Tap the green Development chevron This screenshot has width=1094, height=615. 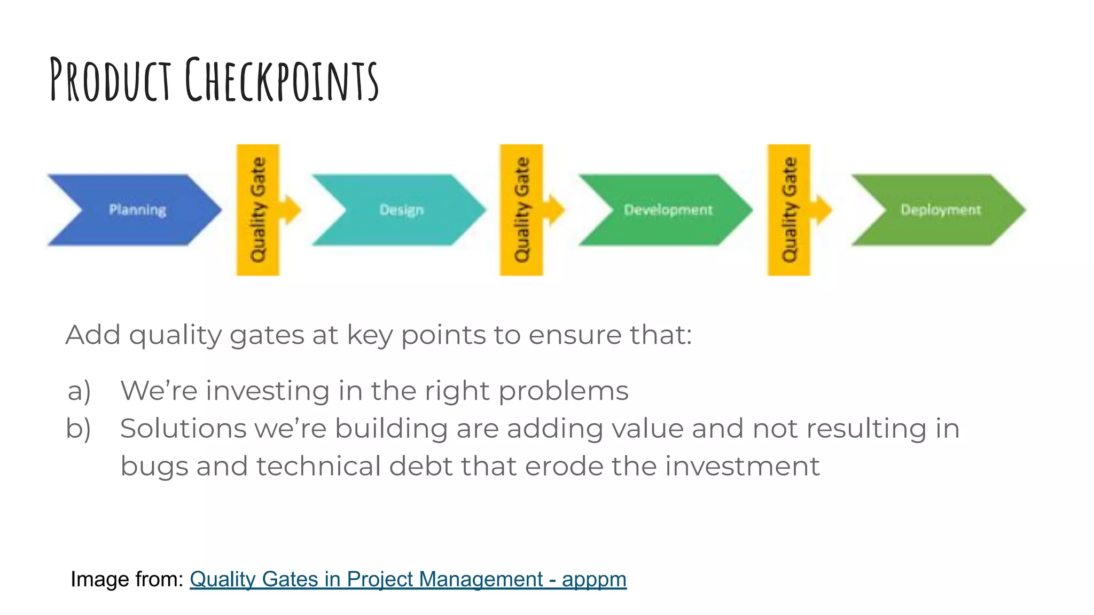coord(668,210)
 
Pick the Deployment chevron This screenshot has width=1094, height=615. coord(940,210)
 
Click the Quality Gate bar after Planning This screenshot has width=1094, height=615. coord(258,210)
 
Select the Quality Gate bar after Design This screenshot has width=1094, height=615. coord(521,210)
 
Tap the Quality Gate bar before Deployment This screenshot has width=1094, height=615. coord(789,210)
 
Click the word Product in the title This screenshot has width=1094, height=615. coord(110,80)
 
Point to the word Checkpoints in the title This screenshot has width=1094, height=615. coord(282,80)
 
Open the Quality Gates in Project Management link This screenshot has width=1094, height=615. coord(408,579)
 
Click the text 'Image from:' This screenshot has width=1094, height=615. coord(127,579)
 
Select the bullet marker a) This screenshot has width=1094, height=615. coord(79,391)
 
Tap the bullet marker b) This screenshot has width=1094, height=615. coord(79,429)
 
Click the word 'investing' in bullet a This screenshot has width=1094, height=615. coord(268,391)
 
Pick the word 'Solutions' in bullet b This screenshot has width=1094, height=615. coord(183,429)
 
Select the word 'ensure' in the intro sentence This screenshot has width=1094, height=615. coord(575,336)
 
